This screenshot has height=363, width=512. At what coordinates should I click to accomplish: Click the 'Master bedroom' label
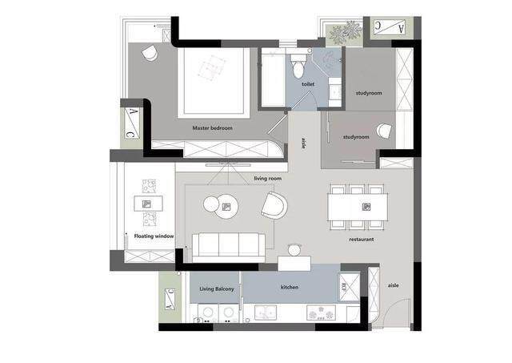[212, 128]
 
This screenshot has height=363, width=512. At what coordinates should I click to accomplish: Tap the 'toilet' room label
[308, 84]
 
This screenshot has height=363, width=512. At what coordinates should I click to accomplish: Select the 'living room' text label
[267, 179]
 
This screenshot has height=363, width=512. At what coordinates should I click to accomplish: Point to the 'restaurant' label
[361, 240]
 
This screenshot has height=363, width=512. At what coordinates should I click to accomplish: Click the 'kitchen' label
[290, 287]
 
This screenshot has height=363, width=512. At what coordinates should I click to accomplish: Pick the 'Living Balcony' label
[217, 289]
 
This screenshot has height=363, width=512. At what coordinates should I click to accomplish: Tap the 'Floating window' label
[154, 236]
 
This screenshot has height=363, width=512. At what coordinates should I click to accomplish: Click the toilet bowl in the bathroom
[298, 67]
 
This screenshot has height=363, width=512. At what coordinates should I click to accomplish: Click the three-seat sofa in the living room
[229, 245]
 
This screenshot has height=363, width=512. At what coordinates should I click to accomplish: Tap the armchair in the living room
[274, 205]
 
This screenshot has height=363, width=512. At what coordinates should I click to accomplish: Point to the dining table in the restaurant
[358, 207]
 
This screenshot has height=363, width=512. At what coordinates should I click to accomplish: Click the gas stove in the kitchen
[322, 313]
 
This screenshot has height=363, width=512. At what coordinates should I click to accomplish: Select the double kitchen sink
[266, 313]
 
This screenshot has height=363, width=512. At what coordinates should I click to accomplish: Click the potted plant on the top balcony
[346, 32]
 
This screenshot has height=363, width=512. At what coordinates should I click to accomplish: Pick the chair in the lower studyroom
[384, 131]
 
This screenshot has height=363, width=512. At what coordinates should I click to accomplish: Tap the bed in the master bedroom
[214, 83]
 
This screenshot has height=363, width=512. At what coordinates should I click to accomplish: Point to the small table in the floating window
[149, 204]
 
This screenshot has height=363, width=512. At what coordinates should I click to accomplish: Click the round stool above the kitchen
[294, 250]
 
